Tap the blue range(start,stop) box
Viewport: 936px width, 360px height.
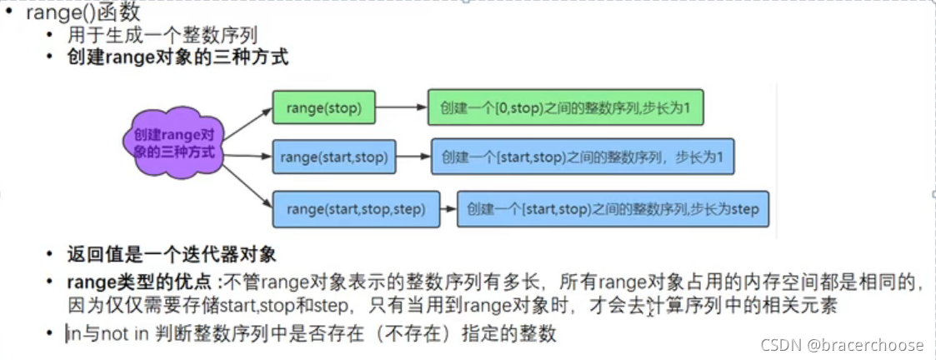334,156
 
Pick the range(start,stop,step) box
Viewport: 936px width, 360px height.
355,208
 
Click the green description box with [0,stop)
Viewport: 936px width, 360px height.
565,107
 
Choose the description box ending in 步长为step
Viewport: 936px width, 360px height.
613,208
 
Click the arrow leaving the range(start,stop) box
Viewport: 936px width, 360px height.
413,156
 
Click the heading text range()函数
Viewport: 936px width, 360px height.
83,13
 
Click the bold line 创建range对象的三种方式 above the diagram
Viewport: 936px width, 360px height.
178,58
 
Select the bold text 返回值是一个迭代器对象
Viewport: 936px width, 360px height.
172,253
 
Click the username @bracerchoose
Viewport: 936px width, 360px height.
875,344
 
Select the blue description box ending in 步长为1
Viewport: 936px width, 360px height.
582,156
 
